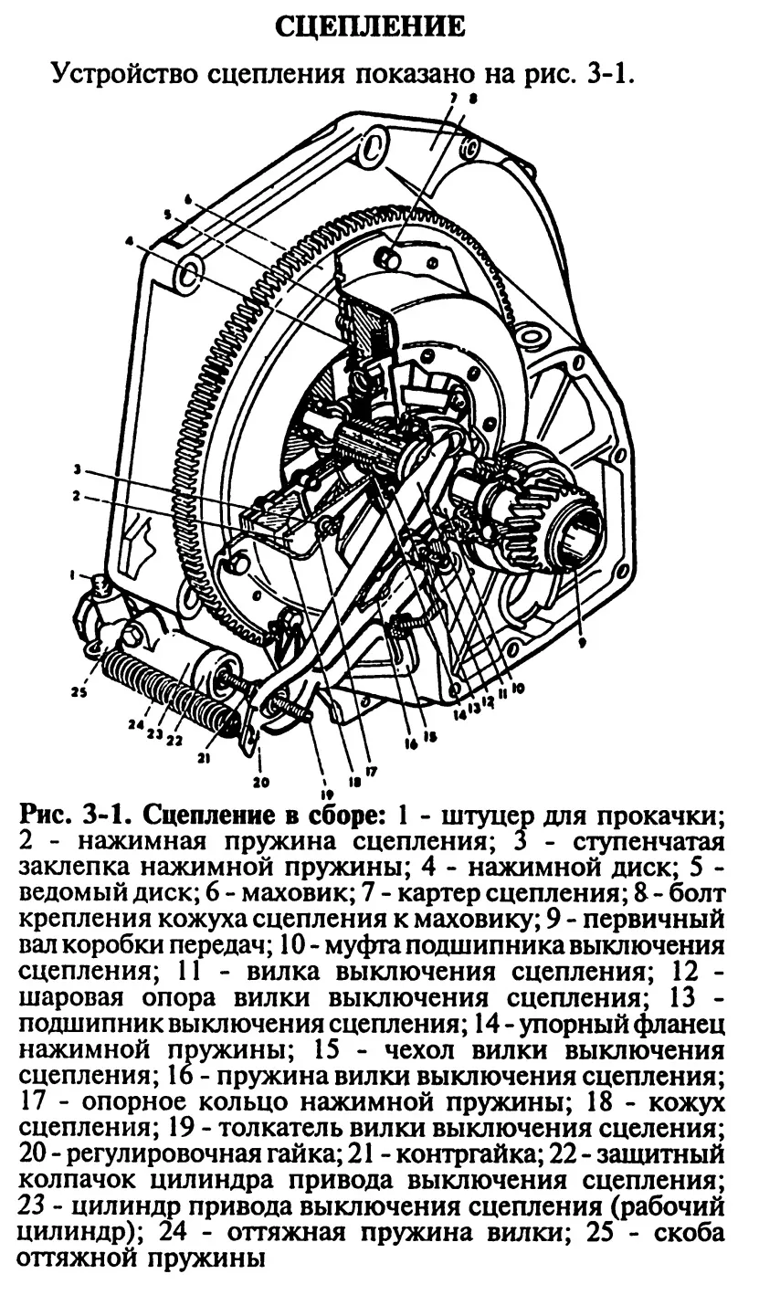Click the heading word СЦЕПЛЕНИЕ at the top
pos(372,27)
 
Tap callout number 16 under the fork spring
pos(411,744)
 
